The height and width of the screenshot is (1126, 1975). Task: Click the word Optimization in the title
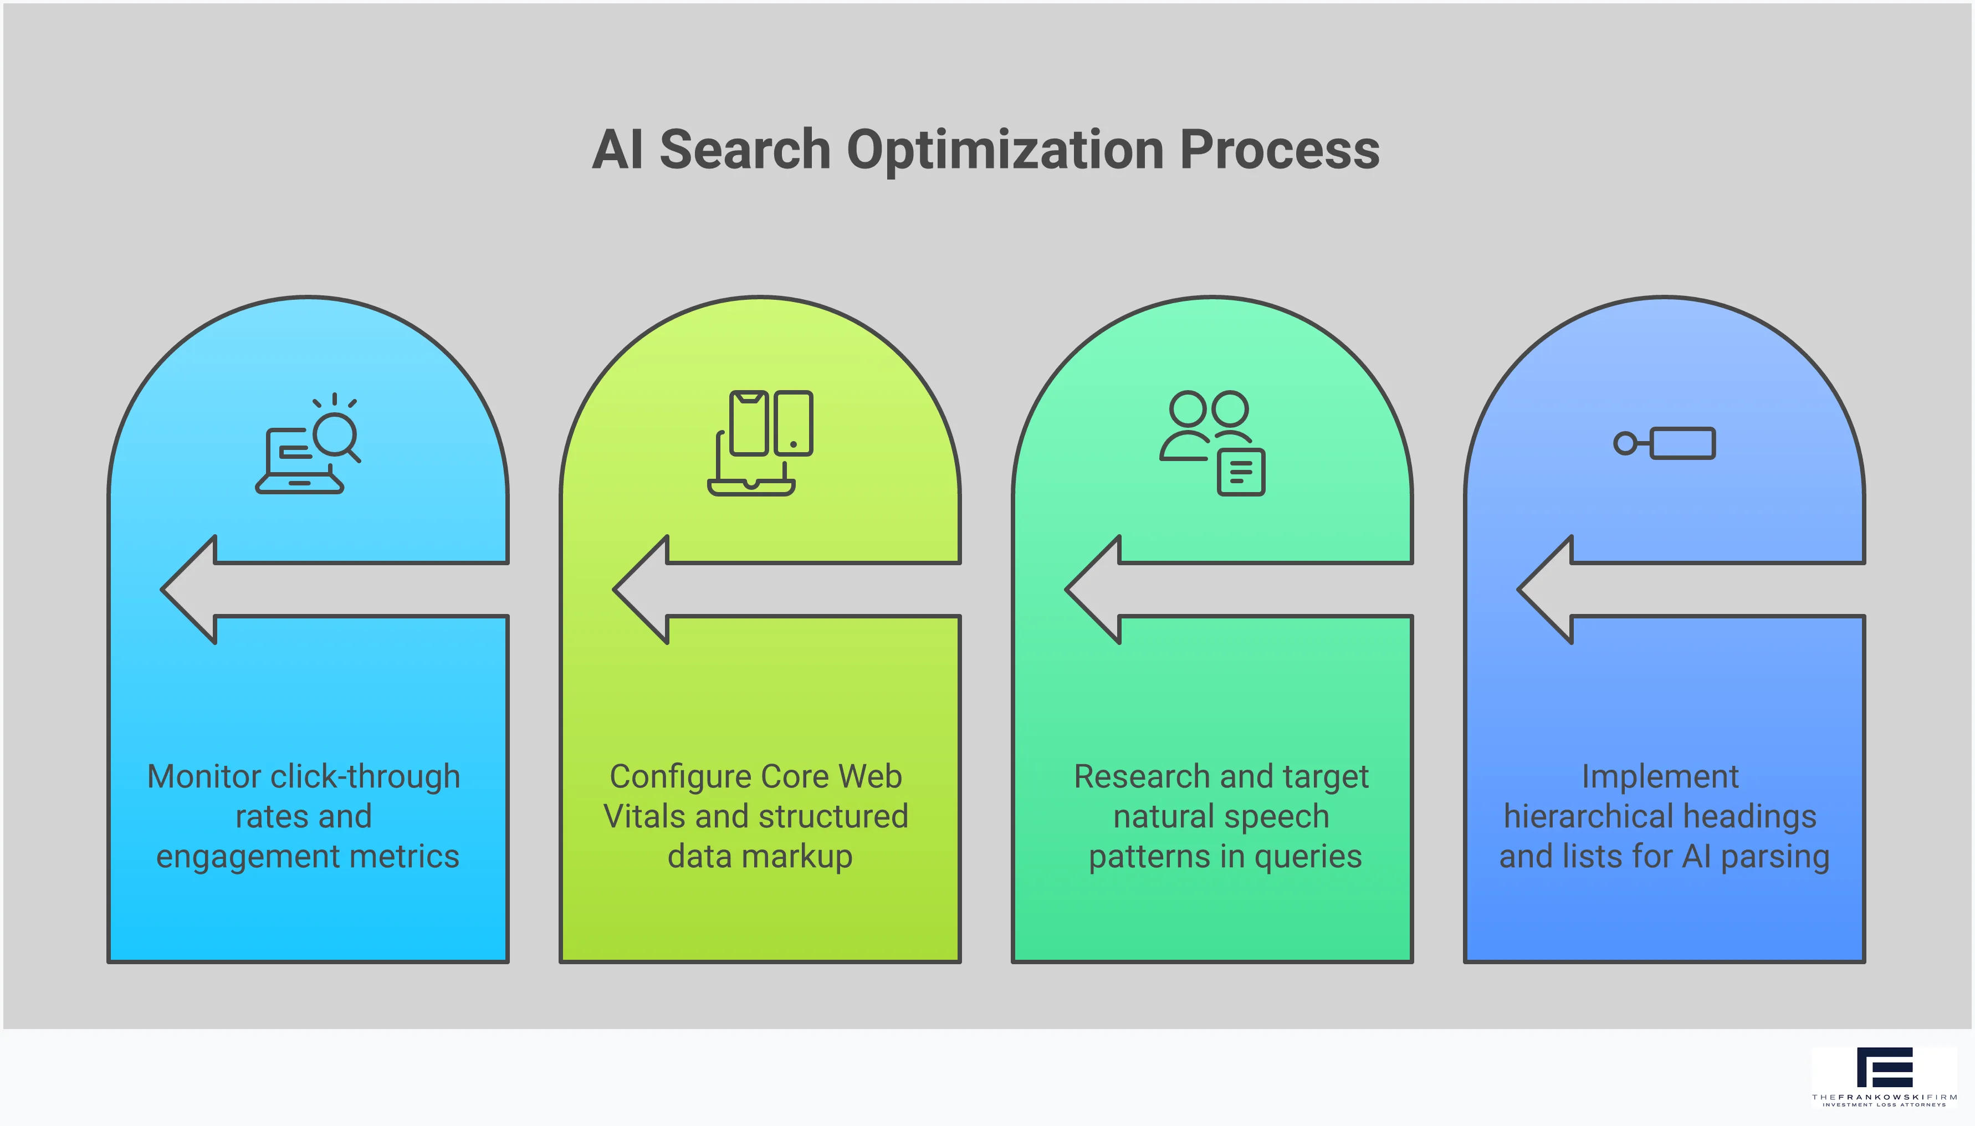point(1005,150)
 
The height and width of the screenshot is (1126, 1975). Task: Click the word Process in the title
point(1279,150)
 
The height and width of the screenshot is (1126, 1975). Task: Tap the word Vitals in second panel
point(643,817)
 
